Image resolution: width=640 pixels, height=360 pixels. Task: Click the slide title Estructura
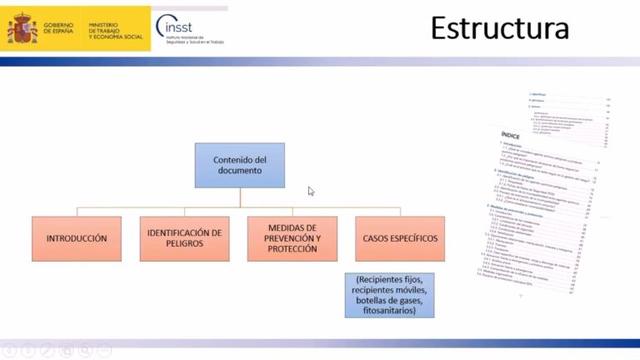[x=499, y=28]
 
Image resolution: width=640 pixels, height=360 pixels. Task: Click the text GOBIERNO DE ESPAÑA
[x=58, y=28]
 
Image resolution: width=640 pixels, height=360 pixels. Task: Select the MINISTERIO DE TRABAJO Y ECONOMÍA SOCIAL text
[x=116, y=32]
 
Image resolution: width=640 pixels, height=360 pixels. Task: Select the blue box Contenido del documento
[x=240, y=164]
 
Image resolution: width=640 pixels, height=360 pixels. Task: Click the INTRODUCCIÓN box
[x=77, y=238]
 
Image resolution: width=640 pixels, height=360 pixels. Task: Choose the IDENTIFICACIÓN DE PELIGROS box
[x=184, y=238]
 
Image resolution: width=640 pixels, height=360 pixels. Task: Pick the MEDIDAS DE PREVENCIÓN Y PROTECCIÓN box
[x=292, y=238]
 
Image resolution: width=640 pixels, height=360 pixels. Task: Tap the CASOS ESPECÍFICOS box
[x=400, y=238]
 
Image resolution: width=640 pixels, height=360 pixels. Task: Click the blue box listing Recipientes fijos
[x=389, y=295]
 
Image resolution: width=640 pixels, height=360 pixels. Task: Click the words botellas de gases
[x=390, y=300]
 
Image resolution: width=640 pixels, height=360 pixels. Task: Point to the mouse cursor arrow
[x=311, y=191]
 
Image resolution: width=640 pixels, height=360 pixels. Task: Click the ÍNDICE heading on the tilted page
[x=511, y=134]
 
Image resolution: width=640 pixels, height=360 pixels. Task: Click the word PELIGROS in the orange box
[x=184, y=245]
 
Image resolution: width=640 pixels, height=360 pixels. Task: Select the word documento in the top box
[x=240, y=170]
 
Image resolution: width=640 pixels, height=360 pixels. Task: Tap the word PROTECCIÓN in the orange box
[x=292, y=249]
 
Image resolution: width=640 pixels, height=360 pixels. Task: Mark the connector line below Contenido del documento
[x=240, y=197]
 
